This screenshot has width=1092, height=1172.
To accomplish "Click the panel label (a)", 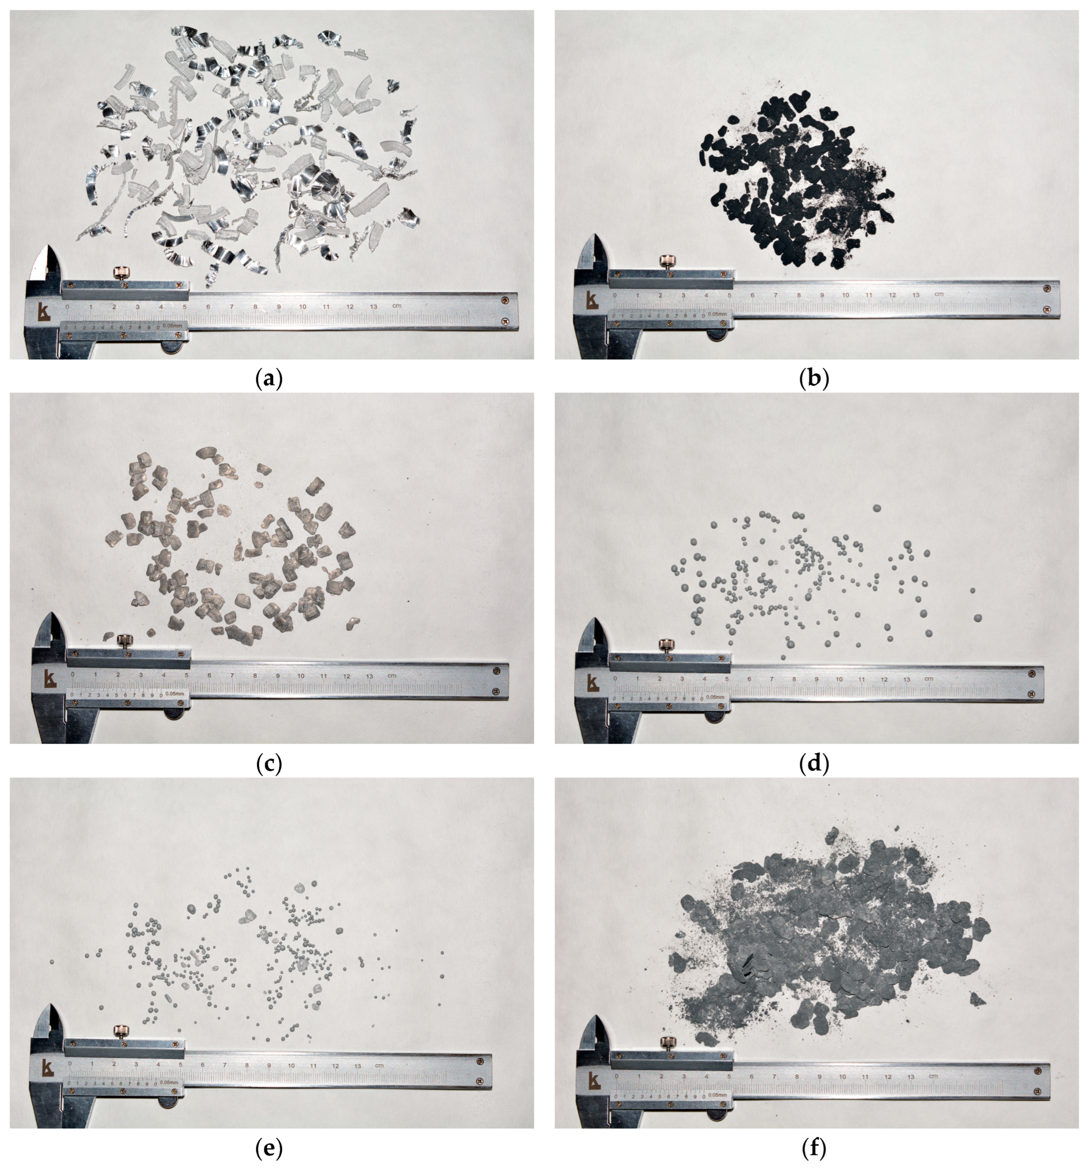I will click(x=270, y=379).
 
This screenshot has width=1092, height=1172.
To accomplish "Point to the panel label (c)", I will click(x=269, y=764).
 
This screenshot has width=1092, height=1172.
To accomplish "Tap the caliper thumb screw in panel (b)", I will click(x=667, y=261).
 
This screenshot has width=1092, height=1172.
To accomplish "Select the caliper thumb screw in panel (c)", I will click(x=124, y=640).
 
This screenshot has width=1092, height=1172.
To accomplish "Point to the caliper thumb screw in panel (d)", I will click(x=667, y=645).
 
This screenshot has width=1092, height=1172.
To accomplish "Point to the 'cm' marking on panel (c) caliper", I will click(x=392, y=676).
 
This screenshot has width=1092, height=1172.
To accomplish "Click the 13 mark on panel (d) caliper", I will click(x=907, y=680).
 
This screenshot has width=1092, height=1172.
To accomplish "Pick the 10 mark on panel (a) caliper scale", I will click(x=302, y=307).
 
